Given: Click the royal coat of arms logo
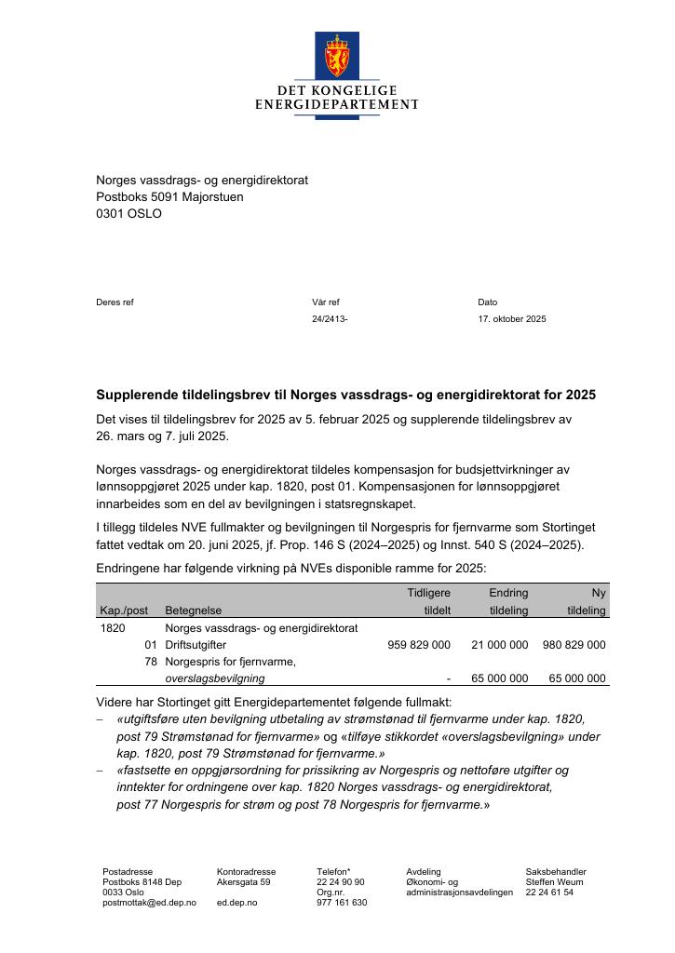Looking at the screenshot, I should coord(336,56).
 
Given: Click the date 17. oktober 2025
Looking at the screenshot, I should coord(512,319).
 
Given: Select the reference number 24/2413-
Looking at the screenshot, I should coord(330,319).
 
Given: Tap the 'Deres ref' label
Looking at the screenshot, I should coord(115,302).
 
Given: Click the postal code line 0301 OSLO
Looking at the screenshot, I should coord(128,213).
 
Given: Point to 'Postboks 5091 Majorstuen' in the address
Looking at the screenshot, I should coord(169,196).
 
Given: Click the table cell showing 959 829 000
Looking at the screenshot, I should coord(418,645).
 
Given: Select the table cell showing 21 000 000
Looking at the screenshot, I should coord(499,645).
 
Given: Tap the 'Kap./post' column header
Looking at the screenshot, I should coord(124,611).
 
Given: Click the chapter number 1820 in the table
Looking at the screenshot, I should coord(112,628).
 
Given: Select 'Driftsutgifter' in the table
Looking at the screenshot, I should coord(196,645).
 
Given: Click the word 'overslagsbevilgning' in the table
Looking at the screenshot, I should coord(214,678).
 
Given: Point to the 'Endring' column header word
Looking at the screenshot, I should coord(508,593).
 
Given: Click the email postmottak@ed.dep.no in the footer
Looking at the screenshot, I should coord(149,903).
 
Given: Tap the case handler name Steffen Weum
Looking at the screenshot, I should coord(555,882).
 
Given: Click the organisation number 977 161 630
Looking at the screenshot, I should coord(342,903).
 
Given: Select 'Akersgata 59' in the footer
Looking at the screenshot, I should coord(244,882).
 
